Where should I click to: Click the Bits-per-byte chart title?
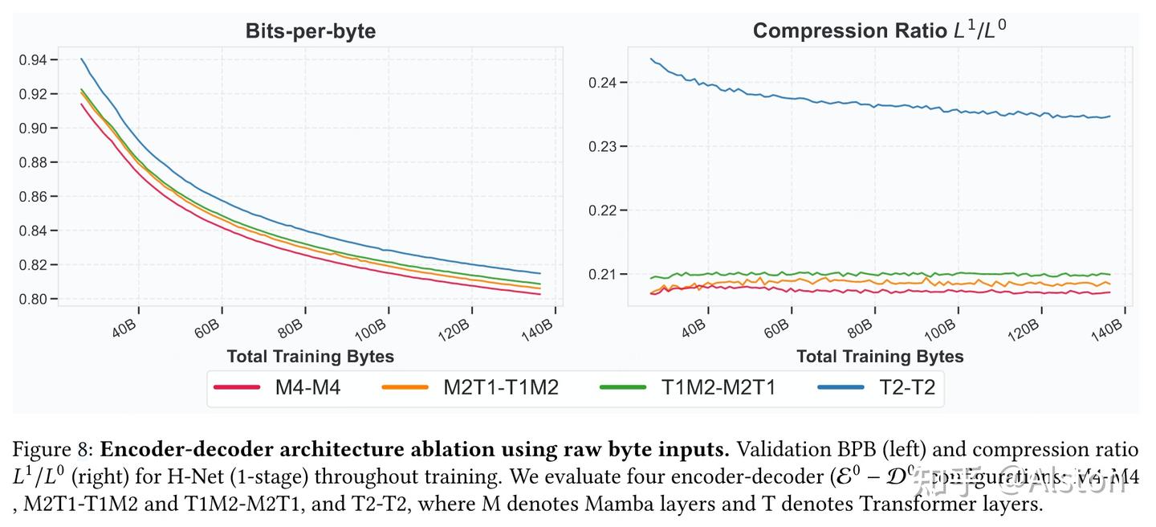pyautogui.click(x=310, y=31)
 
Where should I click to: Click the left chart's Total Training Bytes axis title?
pyautogui.click(x=310, y=356)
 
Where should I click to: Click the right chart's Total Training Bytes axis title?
pyautogui.click(x=880, y=356)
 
